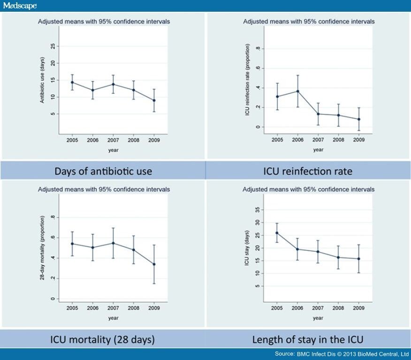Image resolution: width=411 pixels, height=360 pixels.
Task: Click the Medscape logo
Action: [20, 6]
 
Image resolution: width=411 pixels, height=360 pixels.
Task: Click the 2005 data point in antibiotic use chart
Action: [72, 82]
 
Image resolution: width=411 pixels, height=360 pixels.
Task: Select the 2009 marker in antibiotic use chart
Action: [154, 100]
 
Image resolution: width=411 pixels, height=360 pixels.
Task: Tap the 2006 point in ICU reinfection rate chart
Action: [297, 91]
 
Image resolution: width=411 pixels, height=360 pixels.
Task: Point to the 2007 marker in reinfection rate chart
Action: [318, 114]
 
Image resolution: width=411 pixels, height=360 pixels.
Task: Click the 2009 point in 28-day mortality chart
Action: [154, 264]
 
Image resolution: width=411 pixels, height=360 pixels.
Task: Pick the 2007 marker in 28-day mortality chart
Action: [113, 243]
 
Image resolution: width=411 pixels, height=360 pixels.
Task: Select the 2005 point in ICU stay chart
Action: [277, 233]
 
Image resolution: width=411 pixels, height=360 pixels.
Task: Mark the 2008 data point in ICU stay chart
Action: [338, 257]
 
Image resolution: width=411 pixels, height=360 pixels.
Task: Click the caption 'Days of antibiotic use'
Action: [103, 171]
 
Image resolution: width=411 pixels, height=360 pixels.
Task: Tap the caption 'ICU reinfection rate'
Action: [308, 171]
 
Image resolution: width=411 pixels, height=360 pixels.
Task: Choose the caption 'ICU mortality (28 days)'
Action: [103, 339]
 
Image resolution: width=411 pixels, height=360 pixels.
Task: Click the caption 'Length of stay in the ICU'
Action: [308, 339]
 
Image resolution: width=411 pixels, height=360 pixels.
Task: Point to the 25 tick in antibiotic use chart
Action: [53, 46]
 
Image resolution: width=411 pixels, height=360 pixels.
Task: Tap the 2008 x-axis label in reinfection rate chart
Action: [338, 140]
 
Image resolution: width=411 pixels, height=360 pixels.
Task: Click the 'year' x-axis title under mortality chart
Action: [113, 318]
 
